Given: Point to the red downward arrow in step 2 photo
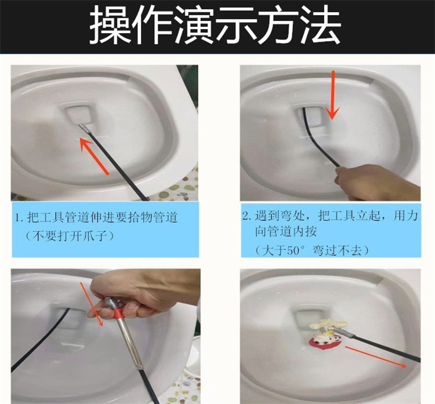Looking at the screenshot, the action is pyautogui.click(x=333, y=95).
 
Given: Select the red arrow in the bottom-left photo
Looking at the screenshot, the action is pyautogui.click(x=92, y=304).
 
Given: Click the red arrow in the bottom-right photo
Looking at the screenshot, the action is pyautogui.click(x=376, y=357).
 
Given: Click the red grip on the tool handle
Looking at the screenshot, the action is pyautogui.click(x=118, y=314).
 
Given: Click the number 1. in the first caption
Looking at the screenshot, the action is pyautogui.click(x=19, y=218).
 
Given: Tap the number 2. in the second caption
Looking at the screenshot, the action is pyautogui.click(x=246, y=216).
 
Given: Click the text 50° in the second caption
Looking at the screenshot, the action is pyautogui.click(x=295, y=250).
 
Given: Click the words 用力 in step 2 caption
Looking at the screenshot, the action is pyautogui.click(x=405, y=216).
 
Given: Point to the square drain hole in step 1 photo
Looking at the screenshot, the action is pyautogui.click(x=79, y=114).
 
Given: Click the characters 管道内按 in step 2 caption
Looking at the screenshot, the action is pyautogui.click(x=285, y=232).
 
